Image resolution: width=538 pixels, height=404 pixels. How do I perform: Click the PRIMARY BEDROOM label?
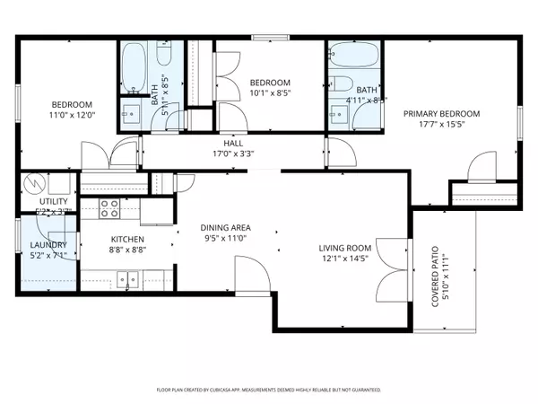point(440,114)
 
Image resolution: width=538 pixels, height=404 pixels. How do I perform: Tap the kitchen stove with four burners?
point(109,209)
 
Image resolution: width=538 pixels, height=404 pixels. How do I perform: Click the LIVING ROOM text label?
point(345,248)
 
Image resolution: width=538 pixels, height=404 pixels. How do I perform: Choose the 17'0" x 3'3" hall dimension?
point(233,154)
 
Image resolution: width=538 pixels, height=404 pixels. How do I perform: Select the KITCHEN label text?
point(126,239)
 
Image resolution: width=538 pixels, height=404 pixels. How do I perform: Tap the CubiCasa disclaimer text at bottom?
point(269,391)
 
